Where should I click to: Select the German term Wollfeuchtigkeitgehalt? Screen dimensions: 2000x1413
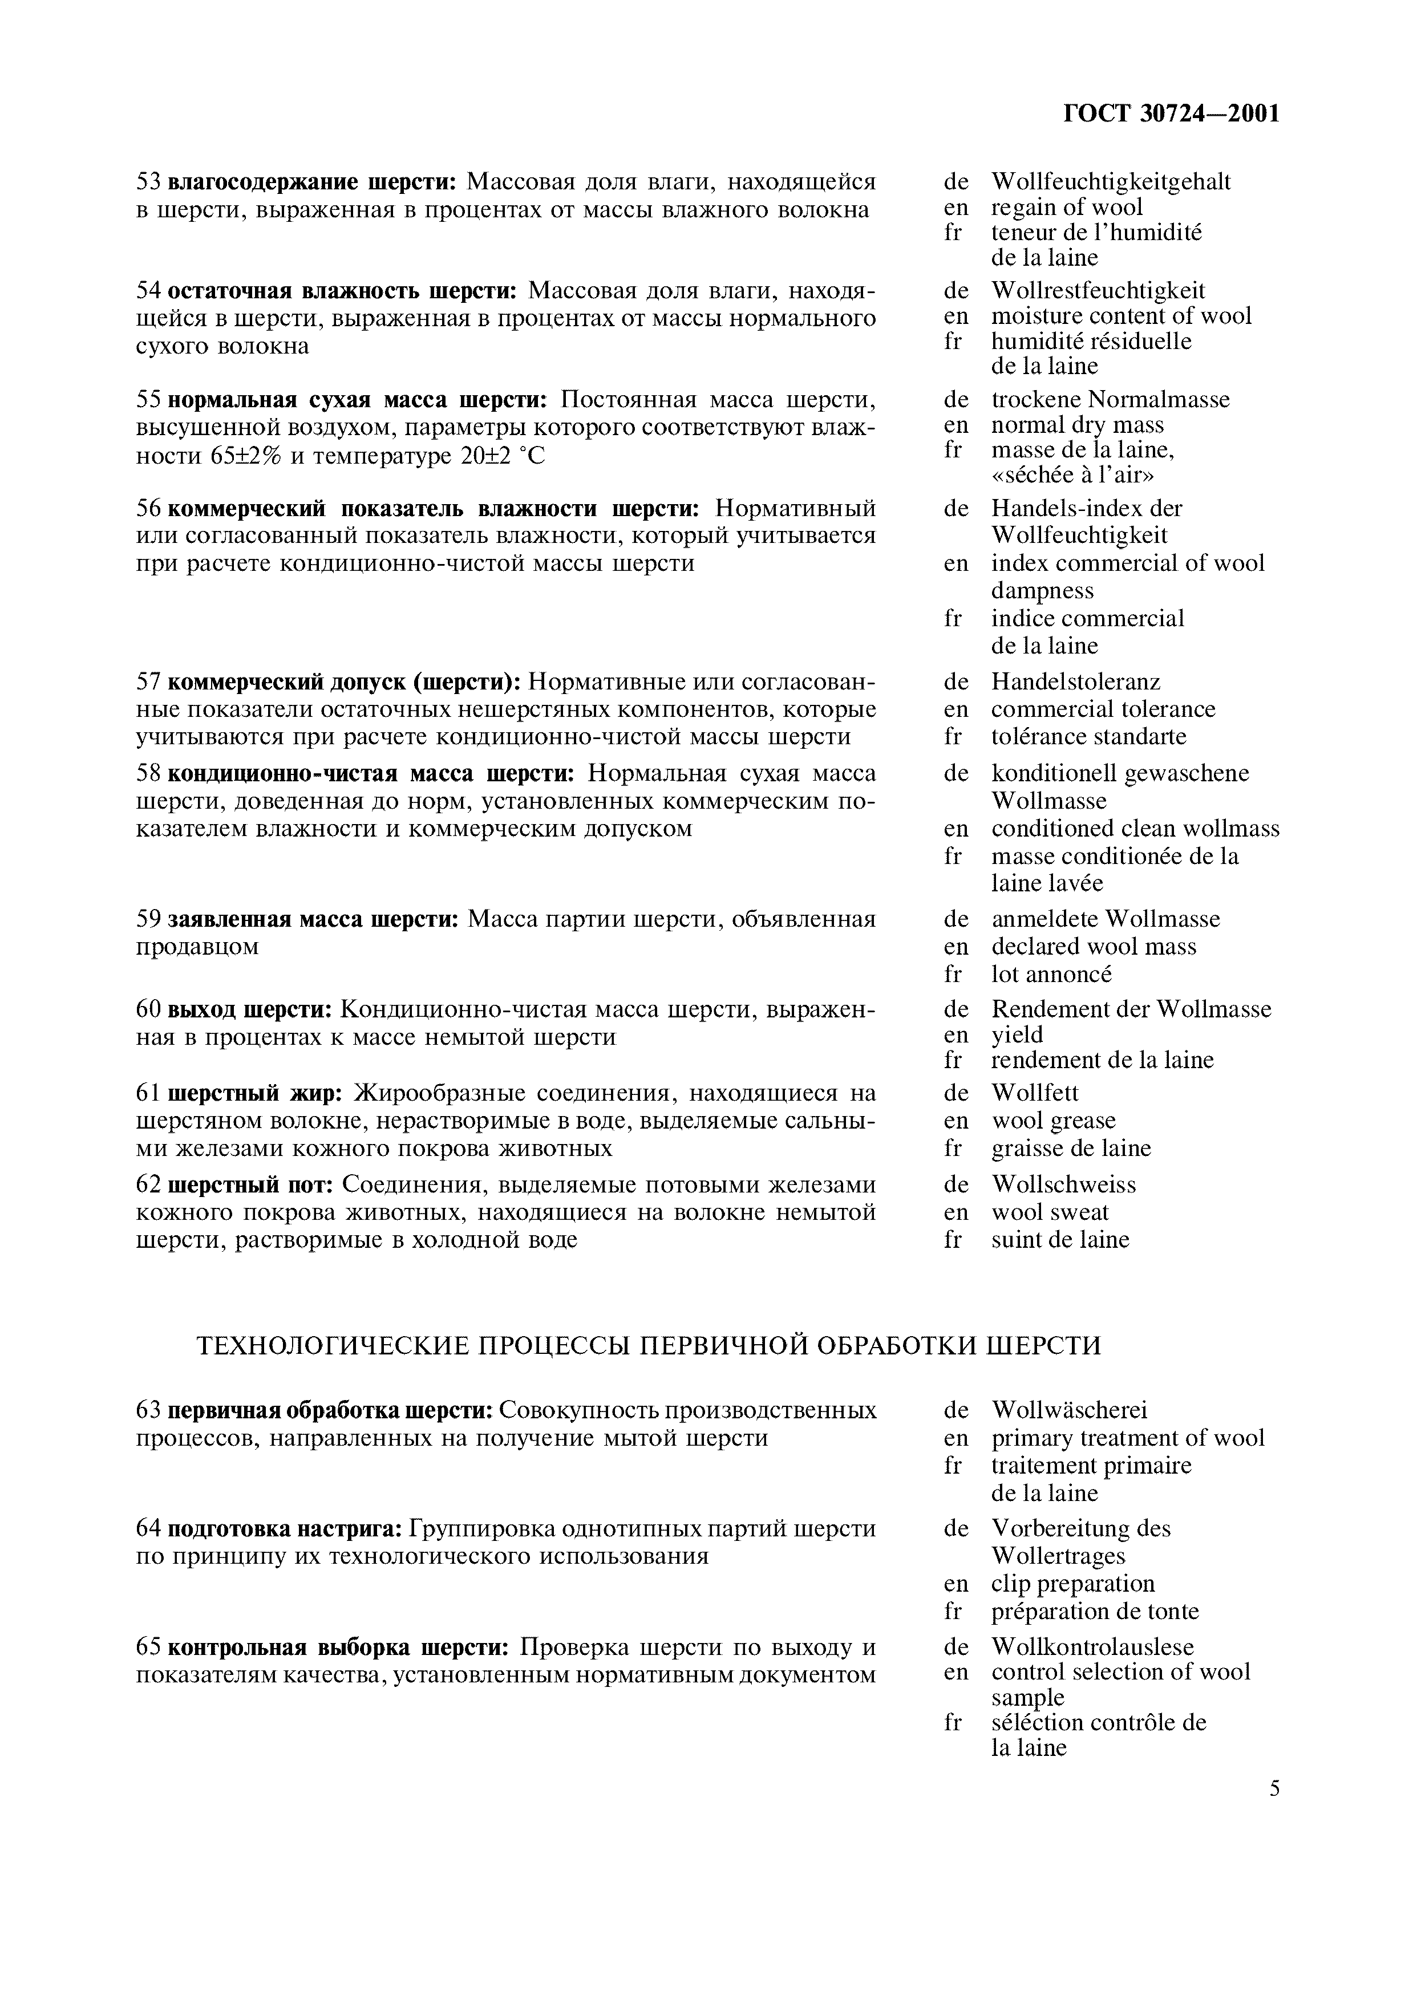pos(1111,181)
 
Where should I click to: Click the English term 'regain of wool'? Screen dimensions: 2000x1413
pos(1066,208)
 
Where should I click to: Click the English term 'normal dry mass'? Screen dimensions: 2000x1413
pos(1077,425)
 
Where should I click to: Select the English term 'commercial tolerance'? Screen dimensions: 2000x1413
pos(1103,709)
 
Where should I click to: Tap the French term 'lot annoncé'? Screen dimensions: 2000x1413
pos(1051,974)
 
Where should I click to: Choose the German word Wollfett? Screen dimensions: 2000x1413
pos(1034,1092)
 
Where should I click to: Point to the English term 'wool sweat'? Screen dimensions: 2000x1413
pos(1050,1212)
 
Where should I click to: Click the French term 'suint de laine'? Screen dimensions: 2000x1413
pos(1059,1240)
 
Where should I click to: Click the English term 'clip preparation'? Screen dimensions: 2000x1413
pos(1072,1584)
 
